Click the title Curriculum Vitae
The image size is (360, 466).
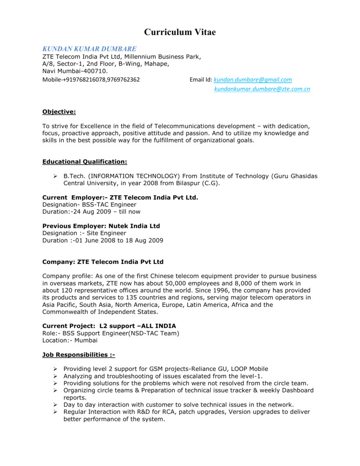pyautogui.click(x=180, y=32)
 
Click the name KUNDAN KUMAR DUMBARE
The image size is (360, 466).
pyautogui.click(x=89, y=49)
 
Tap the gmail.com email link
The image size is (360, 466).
pyautogui.click(x=253, y=80)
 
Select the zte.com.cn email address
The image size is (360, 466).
pyautogui.click(x=262, y=89)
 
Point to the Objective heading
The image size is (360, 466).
pyautogui.click(x=59, y=111)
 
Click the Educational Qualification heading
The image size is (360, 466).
pyautogui.click(x=85, y=162)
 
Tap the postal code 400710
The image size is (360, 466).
pyautogui.click(x=96, y=71)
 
